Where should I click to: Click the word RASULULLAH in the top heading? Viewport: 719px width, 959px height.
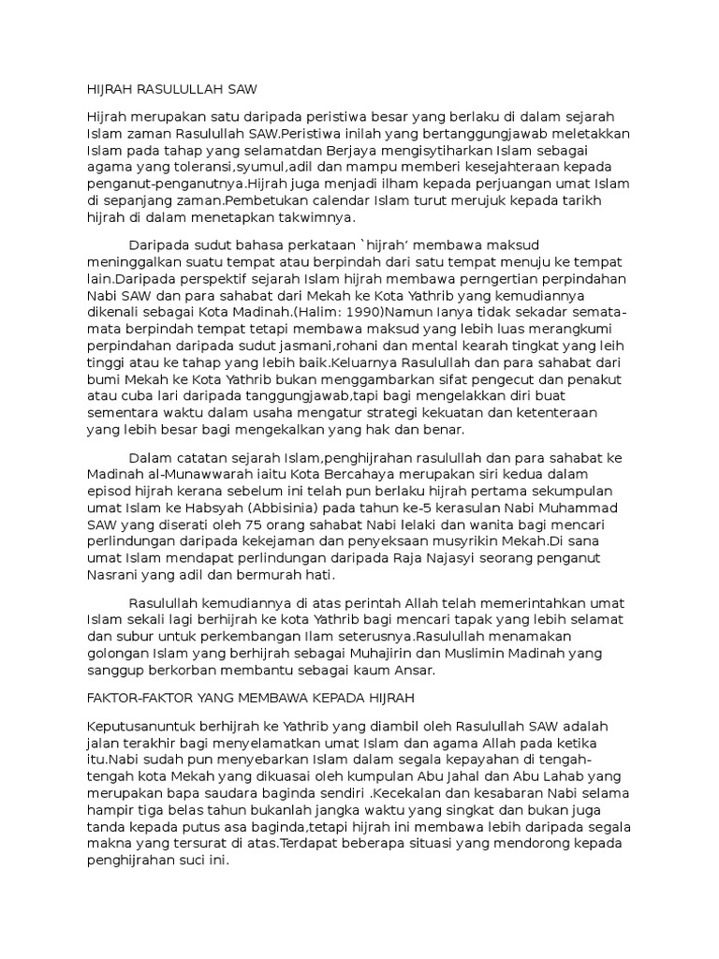pos(177,90)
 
